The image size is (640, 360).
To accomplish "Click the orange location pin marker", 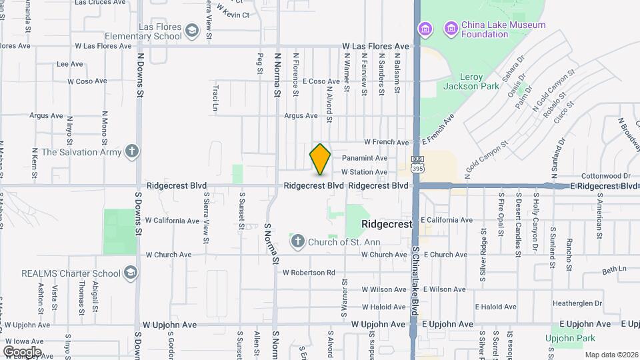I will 320,159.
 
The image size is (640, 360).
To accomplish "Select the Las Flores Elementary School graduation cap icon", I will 192,31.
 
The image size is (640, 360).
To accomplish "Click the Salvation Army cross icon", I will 132,152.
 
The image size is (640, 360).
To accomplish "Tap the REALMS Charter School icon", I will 131,273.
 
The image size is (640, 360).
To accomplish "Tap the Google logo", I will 22,351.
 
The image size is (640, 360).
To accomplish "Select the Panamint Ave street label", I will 364,158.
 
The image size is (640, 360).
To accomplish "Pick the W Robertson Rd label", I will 308,273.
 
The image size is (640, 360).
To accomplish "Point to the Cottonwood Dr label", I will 605,176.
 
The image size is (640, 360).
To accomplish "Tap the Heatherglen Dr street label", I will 577,303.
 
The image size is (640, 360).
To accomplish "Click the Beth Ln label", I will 615,270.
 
